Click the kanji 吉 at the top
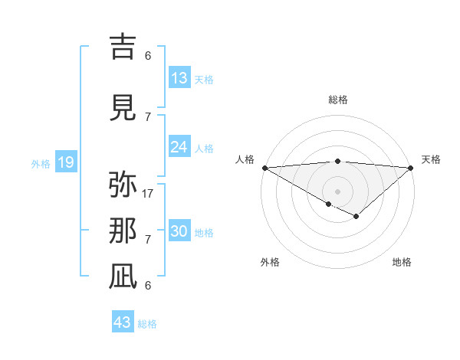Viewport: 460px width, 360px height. pyautogui.click(x=123, y=47)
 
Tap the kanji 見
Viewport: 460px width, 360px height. pyautogui.click(x=123, y=107)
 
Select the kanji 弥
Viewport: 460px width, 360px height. pyautogui.click(x=123, y=185)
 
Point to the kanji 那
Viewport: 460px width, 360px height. pyautogui.click(x=123, y=231)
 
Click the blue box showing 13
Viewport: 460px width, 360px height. pyautogui.click(x=179, y=78)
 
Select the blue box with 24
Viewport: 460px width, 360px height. pyautogui.click(x=179, y=147)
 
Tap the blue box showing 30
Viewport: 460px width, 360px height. pyautogui.click(x=179, y=232)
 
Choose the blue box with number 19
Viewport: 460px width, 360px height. pyautogui.click(x=65, y=162)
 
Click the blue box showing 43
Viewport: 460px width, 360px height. pyautogui.click(x=123, y=322)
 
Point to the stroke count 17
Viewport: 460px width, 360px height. pyautogui.click(x=148, y=193)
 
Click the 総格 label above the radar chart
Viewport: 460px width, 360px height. pyautogui.click(x=337, y=100)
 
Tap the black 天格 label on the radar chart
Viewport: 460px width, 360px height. pyautogui.click(x=431, y=159)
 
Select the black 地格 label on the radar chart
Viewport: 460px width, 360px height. pyautogui.click(x=402, y=262)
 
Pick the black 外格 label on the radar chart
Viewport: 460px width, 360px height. pyautogui.click(x=270, y=262)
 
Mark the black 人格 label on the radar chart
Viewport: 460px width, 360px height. pyautogui.click(x=245, y=159)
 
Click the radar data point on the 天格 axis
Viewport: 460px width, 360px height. pyautogui.click(x=411, y=167)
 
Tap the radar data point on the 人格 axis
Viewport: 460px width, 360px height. pyautogui.click(x=264, y=167)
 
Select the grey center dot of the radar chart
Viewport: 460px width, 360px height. pyautogui.click(x=337, y=191)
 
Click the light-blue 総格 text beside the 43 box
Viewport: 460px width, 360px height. pyautogui.click(x=147, y=324)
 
